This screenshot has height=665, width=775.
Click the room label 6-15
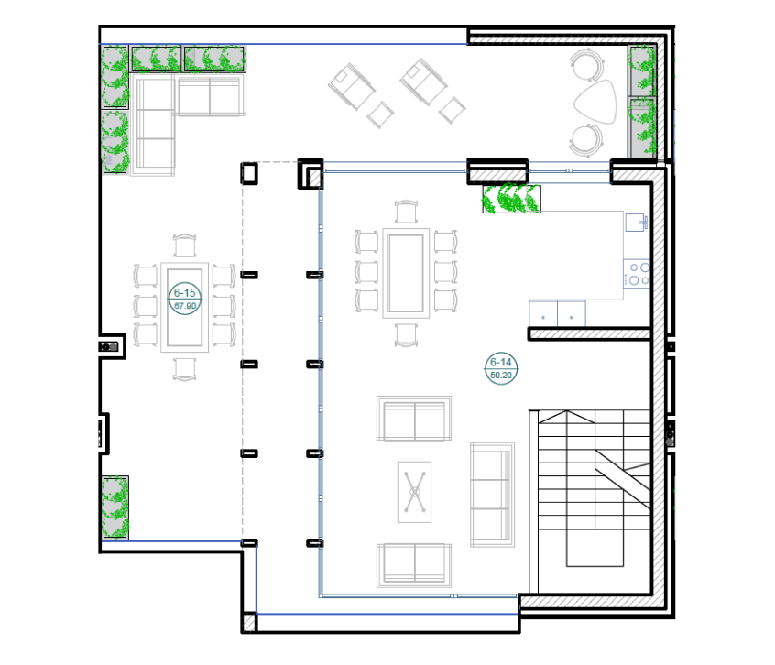(x=184, y=293)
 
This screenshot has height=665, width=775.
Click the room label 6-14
(x=501, y=362)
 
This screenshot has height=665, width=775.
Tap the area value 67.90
(x=185, y=306)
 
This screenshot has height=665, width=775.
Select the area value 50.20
(x=501, y=376)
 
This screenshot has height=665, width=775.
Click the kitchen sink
(x=636, y=223)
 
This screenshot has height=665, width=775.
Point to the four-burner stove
(x=637, y=274)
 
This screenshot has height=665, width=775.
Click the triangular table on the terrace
(x=596, y=103)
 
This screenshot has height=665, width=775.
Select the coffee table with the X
(x=414, y=492)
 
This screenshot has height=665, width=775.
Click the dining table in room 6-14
(x=406, y=273)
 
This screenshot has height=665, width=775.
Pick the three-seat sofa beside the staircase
(x=492, y=495)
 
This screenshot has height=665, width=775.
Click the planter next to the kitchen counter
(x=511, y=199)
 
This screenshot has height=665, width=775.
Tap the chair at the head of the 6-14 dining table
(x=407, y=212)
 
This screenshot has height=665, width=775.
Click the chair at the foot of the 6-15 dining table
(x=184, y=369)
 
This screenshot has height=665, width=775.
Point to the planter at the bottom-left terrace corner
(x=115, y=507)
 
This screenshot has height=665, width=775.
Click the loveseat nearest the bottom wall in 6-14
(x=414, y=565)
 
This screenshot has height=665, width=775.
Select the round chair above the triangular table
(x=586, y=64)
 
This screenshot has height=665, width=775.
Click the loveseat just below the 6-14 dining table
(x=414, y=418)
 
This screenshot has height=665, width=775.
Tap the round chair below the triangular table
(x=586, y=140)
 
